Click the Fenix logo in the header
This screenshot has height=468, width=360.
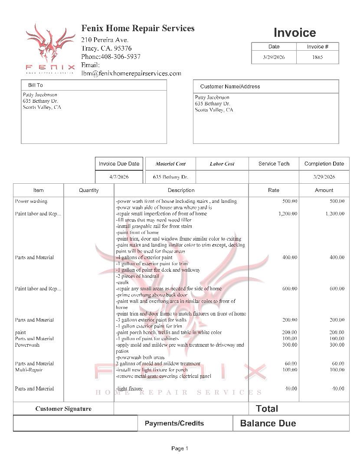[x=50, y=48]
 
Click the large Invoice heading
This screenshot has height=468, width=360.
[x=295, y=33]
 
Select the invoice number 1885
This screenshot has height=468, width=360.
[x=317, y=57]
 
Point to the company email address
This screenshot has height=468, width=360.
[x=131, y=74]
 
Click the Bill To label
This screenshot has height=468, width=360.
[x=36, y=85]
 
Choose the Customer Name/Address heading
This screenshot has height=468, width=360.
[x=230, y=87]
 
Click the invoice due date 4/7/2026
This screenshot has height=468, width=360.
[x=119, y=177]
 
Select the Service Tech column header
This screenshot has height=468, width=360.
[x=274, y=164]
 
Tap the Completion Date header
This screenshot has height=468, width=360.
[x=324, y=164]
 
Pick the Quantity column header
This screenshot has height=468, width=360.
[x=89, y=190]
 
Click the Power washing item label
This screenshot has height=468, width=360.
[x=31, y=201]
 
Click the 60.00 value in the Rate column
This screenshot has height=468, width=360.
[x=291, y=364]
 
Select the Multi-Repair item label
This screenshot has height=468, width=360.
[x=29, y=370]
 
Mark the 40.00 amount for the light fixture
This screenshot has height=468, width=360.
[x=338, y=389]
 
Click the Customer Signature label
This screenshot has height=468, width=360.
[x=63, y=409]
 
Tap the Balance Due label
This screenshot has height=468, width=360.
[x=268, y=423]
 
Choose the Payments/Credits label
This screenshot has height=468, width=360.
[x=174, y=423]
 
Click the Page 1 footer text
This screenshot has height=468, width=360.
[x=180, y=448]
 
